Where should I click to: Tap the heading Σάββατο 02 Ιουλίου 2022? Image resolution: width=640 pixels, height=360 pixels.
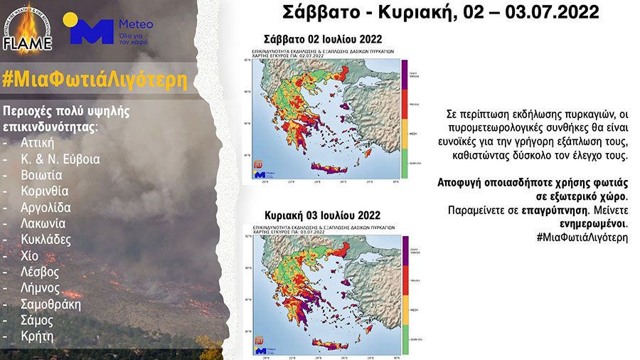pos(319,39)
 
